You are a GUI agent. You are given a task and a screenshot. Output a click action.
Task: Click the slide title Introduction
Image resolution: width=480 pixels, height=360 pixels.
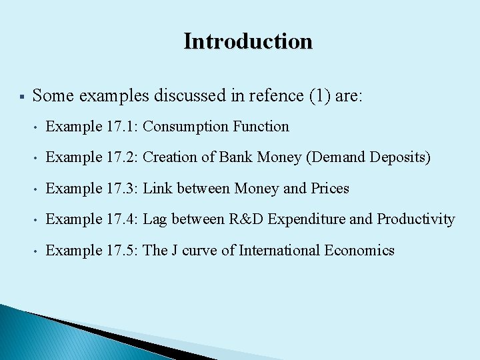[248, 41]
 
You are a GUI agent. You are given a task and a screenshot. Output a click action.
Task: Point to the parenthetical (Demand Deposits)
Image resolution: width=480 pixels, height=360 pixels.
[376, 158]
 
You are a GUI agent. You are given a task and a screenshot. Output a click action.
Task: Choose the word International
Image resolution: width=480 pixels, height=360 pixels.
[280, 251]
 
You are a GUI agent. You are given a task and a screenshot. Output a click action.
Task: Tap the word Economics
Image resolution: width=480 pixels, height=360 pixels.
[360, 251]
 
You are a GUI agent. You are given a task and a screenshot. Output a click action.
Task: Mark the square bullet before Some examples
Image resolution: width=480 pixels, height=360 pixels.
[22, 97]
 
